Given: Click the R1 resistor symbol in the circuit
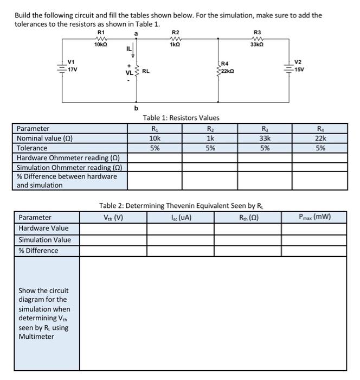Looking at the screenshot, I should click(101, 39).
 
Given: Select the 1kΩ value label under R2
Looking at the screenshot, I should click(175, 45).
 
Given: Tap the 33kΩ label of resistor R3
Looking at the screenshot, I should click(257, 45).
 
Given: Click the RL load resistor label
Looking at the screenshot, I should click(146, 71).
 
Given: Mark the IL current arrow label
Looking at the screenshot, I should click(128, 49).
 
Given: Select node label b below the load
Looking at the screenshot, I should click(136, 108).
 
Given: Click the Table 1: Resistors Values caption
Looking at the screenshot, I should click(181, 118).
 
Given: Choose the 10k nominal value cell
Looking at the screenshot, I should click(155, 138).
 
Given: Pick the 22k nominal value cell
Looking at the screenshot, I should click(321, 138).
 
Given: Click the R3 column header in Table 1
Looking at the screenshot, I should click(265, 129).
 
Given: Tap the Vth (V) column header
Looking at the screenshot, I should click(113, 218).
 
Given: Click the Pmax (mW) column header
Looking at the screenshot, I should click(314, 218).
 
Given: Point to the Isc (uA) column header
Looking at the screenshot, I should click(181, 218).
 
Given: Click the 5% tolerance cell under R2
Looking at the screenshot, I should click(210, 148).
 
